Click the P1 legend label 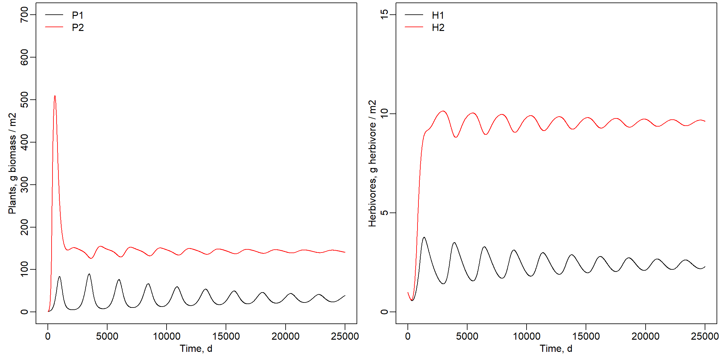(x=77, y=15)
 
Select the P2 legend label (x=77, y=27)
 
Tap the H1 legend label (x=438, y=15)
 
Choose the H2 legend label (x=438, y=27)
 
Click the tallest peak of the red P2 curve (x=55, y=96)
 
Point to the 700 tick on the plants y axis (x=24, y=15)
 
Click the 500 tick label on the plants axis (x=24, y=100)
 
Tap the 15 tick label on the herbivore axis (x=384, y=15)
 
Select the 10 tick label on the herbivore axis (x=384, y=113)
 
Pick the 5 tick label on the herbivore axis (x=384, y=213)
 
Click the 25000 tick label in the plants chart (x=345, y=336)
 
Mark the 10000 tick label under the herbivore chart (x=527, y=336)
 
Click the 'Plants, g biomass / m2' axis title (x=12, y=163)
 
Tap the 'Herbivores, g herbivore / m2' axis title (x=372, y=163)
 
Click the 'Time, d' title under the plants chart (x=196, y=348)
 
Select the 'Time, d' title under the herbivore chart (x=556, y=348)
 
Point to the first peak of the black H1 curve (x=424, y=237)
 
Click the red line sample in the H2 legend (x=414, y=27)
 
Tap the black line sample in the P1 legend (x=54, y=15)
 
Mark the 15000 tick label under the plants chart (x=226, y=336)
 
